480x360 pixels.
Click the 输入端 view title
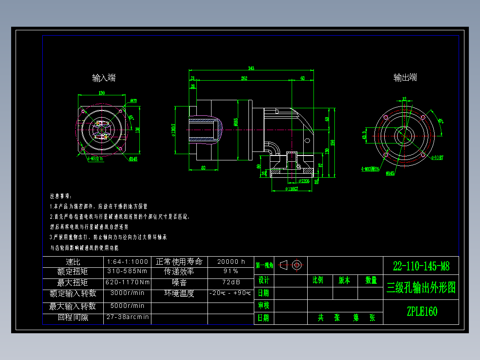click(x=104, y=78)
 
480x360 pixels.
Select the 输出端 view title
click(x=405, y=78)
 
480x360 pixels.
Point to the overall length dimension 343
click(x=251, y=68)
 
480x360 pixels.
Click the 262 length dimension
click(x=244, y=78)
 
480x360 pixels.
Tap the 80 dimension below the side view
click(x=203, y=168)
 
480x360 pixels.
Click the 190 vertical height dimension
click(x=333, y=143)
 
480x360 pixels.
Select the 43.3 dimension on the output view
click(x=364, y=135)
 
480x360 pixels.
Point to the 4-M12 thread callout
click(x=370, y=169)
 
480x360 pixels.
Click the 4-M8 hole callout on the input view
click(x=94, y=158)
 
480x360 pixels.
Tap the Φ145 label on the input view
click(x=133, y=159)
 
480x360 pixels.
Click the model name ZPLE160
click(x=422, y=311)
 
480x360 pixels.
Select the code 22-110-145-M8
click(x=421, y=266)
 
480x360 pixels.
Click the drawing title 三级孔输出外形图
click(x=421, y=287)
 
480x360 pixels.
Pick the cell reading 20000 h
click(x=231, y=262)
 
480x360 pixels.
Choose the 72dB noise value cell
click(x=231, y=282)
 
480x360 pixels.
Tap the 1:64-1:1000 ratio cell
click(x=127, y=262)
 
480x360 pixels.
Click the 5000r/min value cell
click(x=127, y=306)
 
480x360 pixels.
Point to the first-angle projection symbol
click(x=292, y=265)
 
